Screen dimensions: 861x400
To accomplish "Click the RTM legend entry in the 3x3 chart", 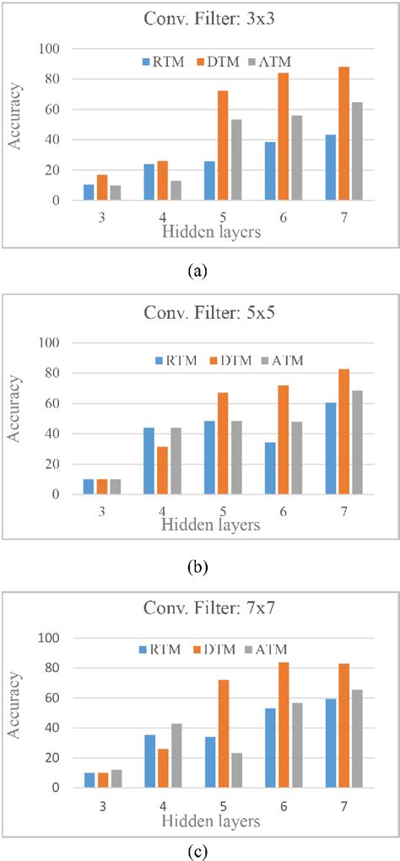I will pos(158,62).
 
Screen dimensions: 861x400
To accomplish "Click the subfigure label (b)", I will pos(198,562).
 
